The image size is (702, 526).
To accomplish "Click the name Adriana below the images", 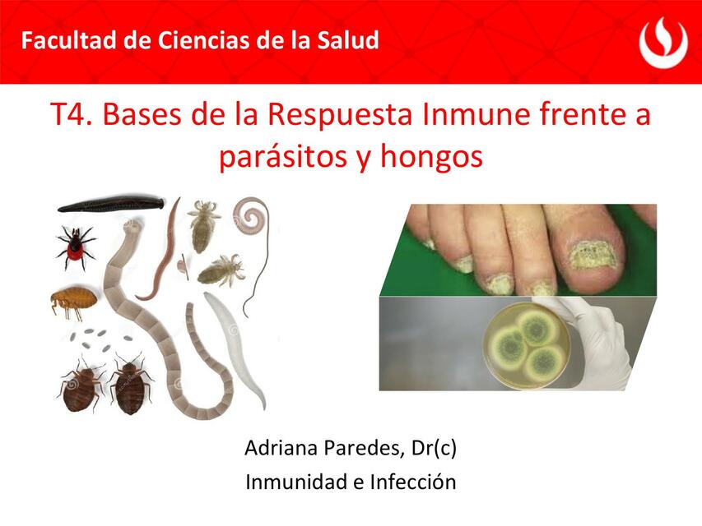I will coord(279,449).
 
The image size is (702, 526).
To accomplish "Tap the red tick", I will coord(75,246).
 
